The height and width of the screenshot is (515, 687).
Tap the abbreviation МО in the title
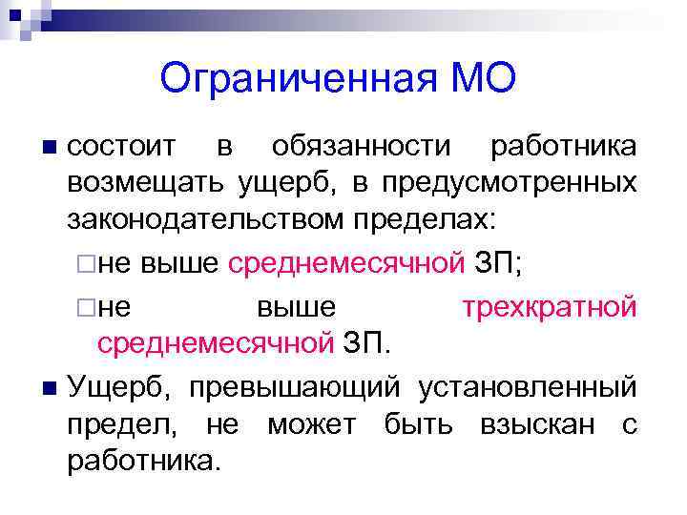click(x=481, y=79)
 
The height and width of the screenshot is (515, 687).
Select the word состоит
click(x=121, y=147)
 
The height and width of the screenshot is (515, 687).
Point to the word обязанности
click(x=361, y=147)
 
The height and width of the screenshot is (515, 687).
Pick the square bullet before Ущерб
click(x=51, y=389)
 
